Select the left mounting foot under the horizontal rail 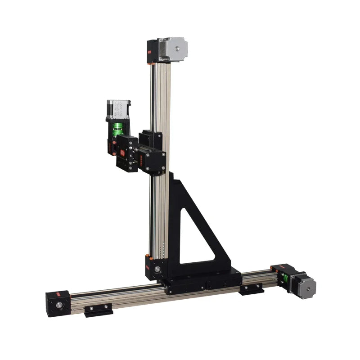point(98,310)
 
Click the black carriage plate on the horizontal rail point(202,282)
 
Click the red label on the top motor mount point(150,53)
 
